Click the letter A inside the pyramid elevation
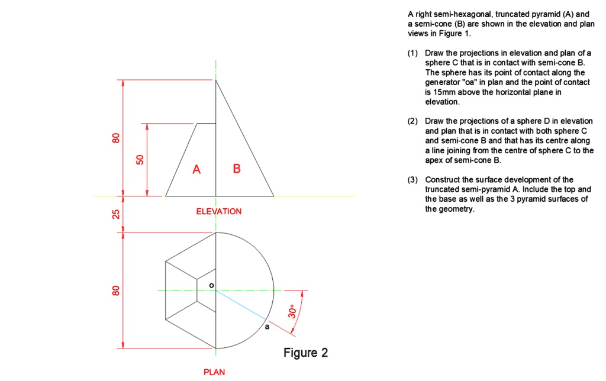(x=196, y=170)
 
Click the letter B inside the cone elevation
(x=237, y=169)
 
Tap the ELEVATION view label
(x=219, y=211)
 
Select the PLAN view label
(x=214, y=372)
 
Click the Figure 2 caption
(x=305, y=353)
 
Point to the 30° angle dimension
(x=292, y=312)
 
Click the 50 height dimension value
(x=140, y=159)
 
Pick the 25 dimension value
(x=117, y=214)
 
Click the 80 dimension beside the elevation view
(x=117, y=138)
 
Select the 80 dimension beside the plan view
(x=117, y=291)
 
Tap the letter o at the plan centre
(x=211, y=286)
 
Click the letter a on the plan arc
(x=266, y=326)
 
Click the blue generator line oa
(x=241, y=305)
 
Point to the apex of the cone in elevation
(x=216, y=80)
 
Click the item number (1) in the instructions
(x=413, y=53)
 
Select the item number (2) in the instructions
(x=413, y=121)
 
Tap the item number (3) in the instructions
(x=413, y=180)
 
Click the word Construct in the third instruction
(x=441, y=180)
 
